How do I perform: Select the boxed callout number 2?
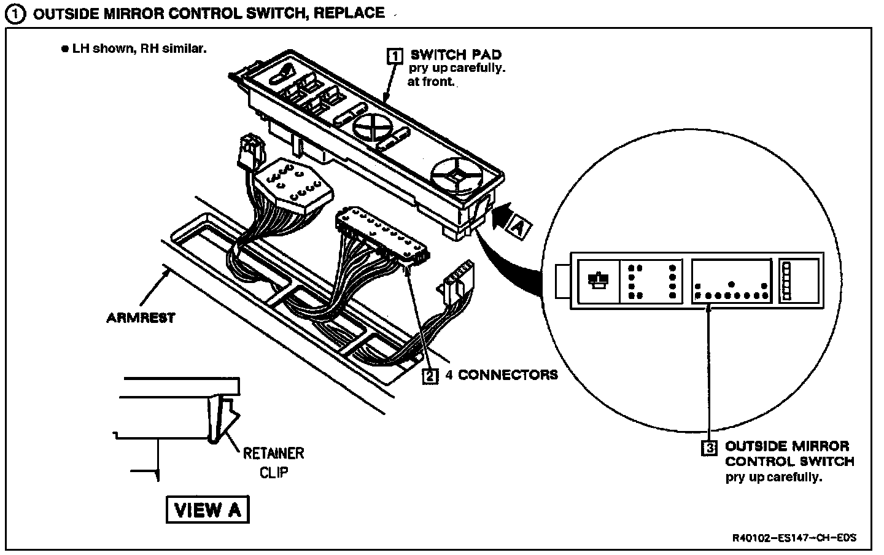[x=431, y=375]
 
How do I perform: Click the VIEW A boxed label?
[x=207, y=510]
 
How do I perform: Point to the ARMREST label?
[x=141, y=317]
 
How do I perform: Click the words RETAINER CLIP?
[x=273, y=462]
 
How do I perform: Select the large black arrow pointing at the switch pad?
[x=502, y=215]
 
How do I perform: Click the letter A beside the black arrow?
[x=518, y=229]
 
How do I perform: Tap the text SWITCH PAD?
[x=456, y=55]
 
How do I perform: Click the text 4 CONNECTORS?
[x=502, y=375]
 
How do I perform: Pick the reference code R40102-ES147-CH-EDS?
[x=794, y=538]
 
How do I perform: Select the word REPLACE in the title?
[x=349, y=13]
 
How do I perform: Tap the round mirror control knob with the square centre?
[x=455, y=176]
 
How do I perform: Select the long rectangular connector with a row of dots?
[x=381, y=235]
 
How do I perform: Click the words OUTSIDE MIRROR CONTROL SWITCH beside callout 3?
[x=789, y=454]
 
